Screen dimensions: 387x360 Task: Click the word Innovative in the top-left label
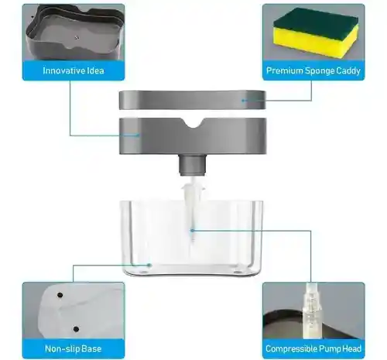(61, 70)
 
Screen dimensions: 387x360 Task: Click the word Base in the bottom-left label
(91, 349)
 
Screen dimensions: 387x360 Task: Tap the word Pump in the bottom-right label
(326, 349)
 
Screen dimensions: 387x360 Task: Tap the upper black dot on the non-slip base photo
(60, 295)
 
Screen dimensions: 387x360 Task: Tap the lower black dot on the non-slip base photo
(76, 329)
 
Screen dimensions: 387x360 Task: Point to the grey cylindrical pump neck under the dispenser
(193, 165)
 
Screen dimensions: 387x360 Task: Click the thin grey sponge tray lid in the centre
(193, 100)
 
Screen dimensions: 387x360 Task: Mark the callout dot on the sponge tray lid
(243, 101)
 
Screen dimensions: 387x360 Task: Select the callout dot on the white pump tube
(192, 230)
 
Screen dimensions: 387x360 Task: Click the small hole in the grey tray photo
(77, 38)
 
